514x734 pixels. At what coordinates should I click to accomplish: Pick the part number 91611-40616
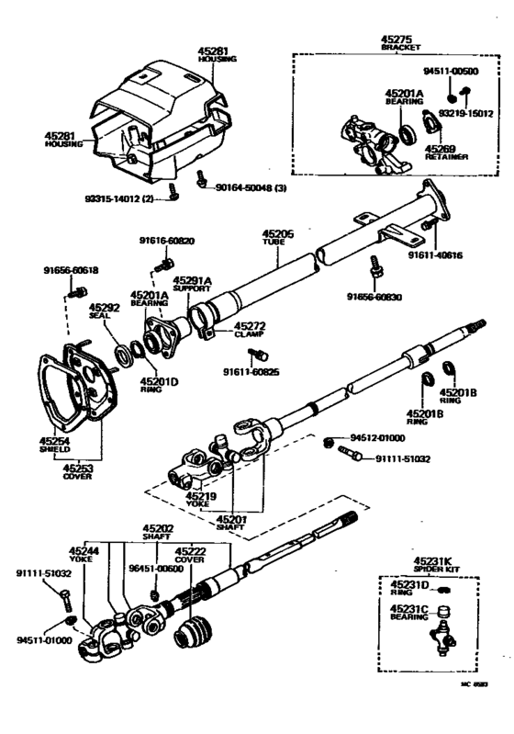click(x=435, y=254)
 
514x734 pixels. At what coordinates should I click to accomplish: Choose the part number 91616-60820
click(x=167, y=241)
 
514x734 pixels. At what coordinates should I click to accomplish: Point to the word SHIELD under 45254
click(x=54, y=451)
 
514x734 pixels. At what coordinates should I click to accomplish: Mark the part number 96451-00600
click(x=156, y=568)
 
